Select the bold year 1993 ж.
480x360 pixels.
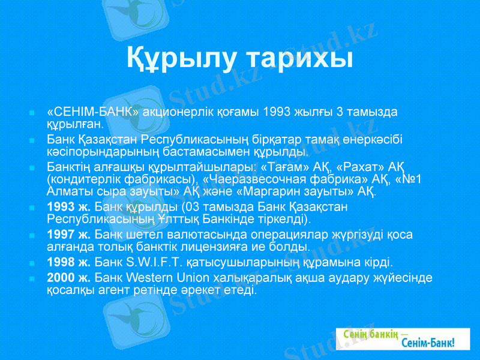pos(69,207)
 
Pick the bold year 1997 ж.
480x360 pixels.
pos(69,235)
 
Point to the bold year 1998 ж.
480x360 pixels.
pos(69,262)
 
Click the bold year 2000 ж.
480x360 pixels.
pos(69,278)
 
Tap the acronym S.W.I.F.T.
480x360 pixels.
pos(152,262)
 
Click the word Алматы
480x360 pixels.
pos(66,193)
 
